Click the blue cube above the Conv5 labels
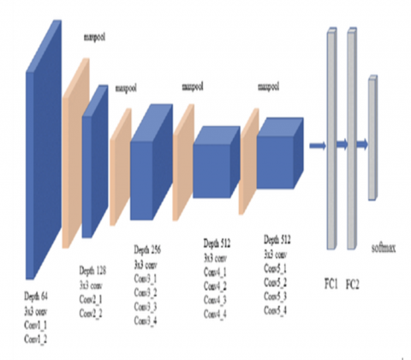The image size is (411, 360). [280, 148]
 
